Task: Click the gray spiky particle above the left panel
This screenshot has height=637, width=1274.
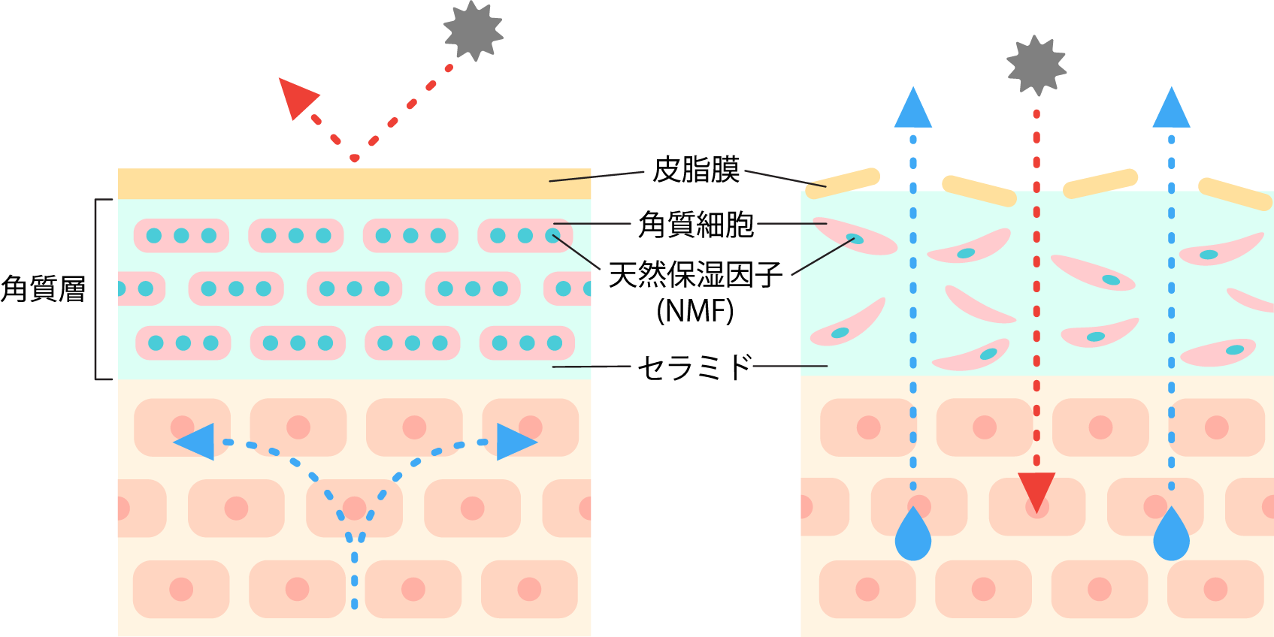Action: click(x=473, y=31)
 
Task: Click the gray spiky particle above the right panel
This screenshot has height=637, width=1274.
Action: click(x=1036, y=65)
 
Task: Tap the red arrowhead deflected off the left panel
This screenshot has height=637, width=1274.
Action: click(x=296, y=97)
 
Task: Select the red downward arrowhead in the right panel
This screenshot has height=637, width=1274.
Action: click(x=1036, y=490)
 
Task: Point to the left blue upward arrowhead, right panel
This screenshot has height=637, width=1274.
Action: click(x=913, y=110)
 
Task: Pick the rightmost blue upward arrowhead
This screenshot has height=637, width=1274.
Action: click(x=1171, y=110)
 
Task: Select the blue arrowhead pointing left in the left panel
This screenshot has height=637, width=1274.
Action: click(x=196, y=442)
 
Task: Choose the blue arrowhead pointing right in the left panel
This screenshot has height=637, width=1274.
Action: click(x=515, y=442)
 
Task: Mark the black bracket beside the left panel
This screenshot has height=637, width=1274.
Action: click(x=97, y=289)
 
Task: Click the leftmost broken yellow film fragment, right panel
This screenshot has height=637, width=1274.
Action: click(x=842, y=183)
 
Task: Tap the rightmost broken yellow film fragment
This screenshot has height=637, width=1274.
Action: click(x=1234, y=194)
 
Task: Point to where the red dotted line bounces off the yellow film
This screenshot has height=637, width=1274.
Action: click(x=354, y=158)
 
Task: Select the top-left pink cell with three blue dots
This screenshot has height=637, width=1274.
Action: click(x=181, y=236)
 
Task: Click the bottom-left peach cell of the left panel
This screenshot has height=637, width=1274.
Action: click(x=181, y=589)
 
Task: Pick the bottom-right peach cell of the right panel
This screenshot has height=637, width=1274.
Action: click(x=1215, y=589)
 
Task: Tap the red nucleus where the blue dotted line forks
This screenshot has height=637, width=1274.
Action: click(x=354, y=508)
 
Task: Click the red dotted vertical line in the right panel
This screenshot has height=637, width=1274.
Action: click(x=1036, y=300)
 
